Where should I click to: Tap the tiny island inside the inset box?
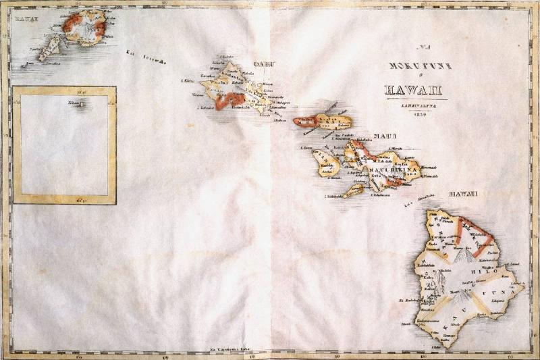(x=81, y=104)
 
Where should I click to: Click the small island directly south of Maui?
(x=352, y=192)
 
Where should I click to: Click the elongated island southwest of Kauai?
(x=49, y=49)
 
